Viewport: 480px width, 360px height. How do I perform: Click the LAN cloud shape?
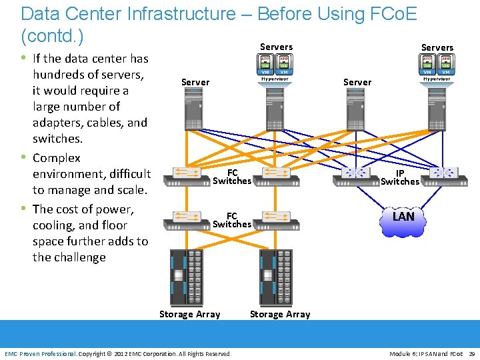(x=403, y=217)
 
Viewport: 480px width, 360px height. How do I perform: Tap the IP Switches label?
(x=400, y=177)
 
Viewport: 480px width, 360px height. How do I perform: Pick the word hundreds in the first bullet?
(x=61, y=75)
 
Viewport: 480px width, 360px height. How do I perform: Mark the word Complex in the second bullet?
(x=57, y=158)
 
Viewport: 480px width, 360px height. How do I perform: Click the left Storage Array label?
(x=189, y=314)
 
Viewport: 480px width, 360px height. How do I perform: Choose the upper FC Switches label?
(x=231, y=177)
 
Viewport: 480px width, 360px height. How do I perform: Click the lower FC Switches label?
(x=231, y=220)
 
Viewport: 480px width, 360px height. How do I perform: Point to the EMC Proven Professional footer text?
(x=40, y=353)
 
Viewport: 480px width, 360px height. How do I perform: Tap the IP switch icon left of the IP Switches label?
(x=355, y=173)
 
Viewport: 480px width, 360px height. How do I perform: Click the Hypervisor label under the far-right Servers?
(x=437, y=79)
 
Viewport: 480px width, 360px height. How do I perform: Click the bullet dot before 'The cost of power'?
(x=25, y=208)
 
